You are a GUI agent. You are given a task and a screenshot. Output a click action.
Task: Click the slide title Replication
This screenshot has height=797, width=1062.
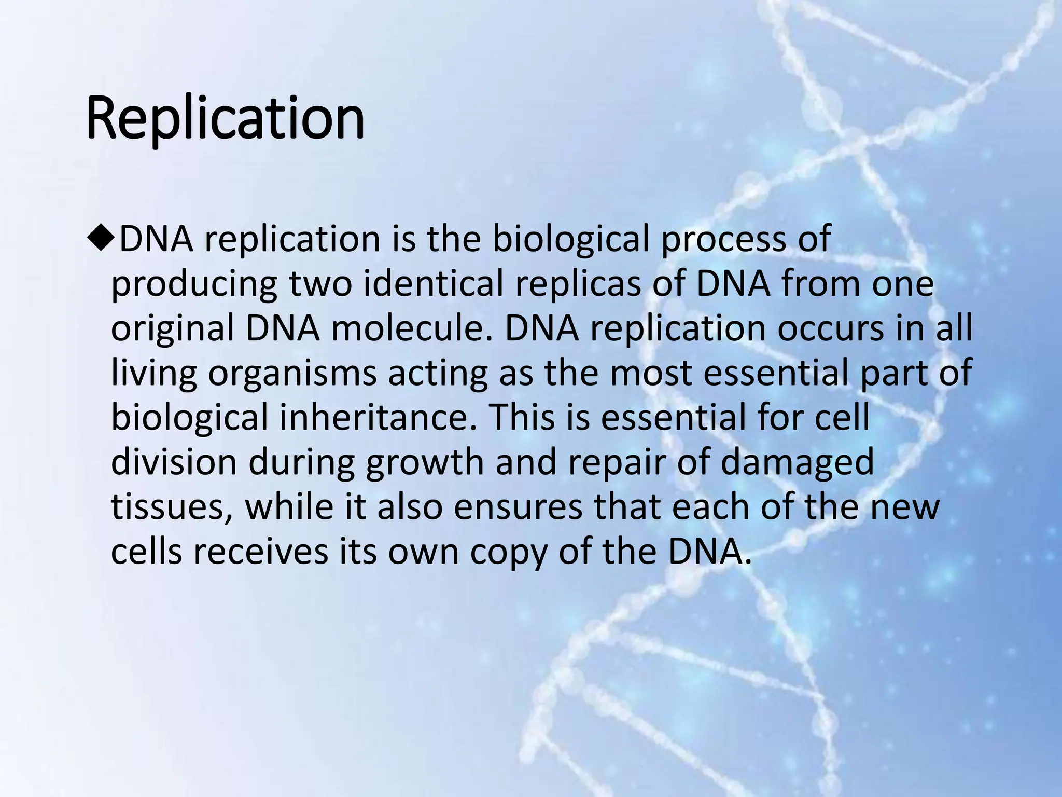[225, 118]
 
